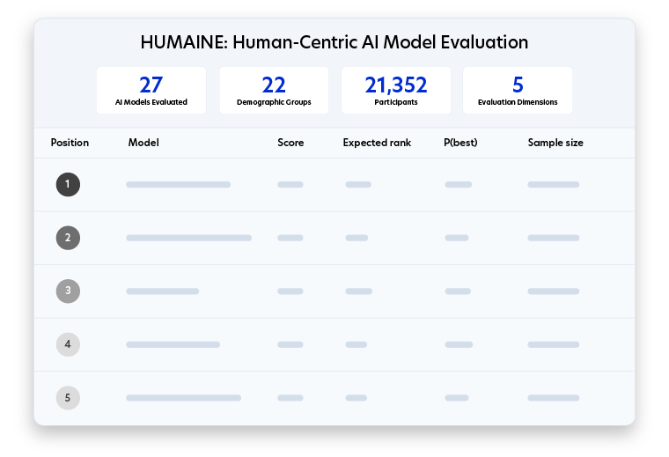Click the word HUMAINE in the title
coord(184,42)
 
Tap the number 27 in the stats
coord(151,85)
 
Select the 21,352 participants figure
coord(396,85)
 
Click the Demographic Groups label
coord(274,102)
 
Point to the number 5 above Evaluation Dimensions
coord(518,85)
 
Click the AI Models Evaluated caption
coord(151,102)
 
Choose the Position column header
coord(70,143)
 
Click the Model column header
coord(143,143)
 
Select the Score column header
coord(290,143)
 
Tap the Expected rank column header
coord(377,143)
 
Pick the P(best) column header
coord(460,143)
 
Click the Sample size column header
coord(555,143)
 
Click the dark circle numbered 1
coord(68,184)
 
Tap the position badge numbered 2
coord(68,238)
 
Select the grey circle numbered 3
coord(68,291)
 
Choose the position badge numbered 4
coord(68,344)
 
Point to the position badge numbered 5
coord(68,398)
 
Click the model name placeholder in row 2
coord(188,238)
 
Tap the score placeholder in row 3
coord(290,291)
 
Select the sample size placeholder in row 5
coord(554,398)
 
